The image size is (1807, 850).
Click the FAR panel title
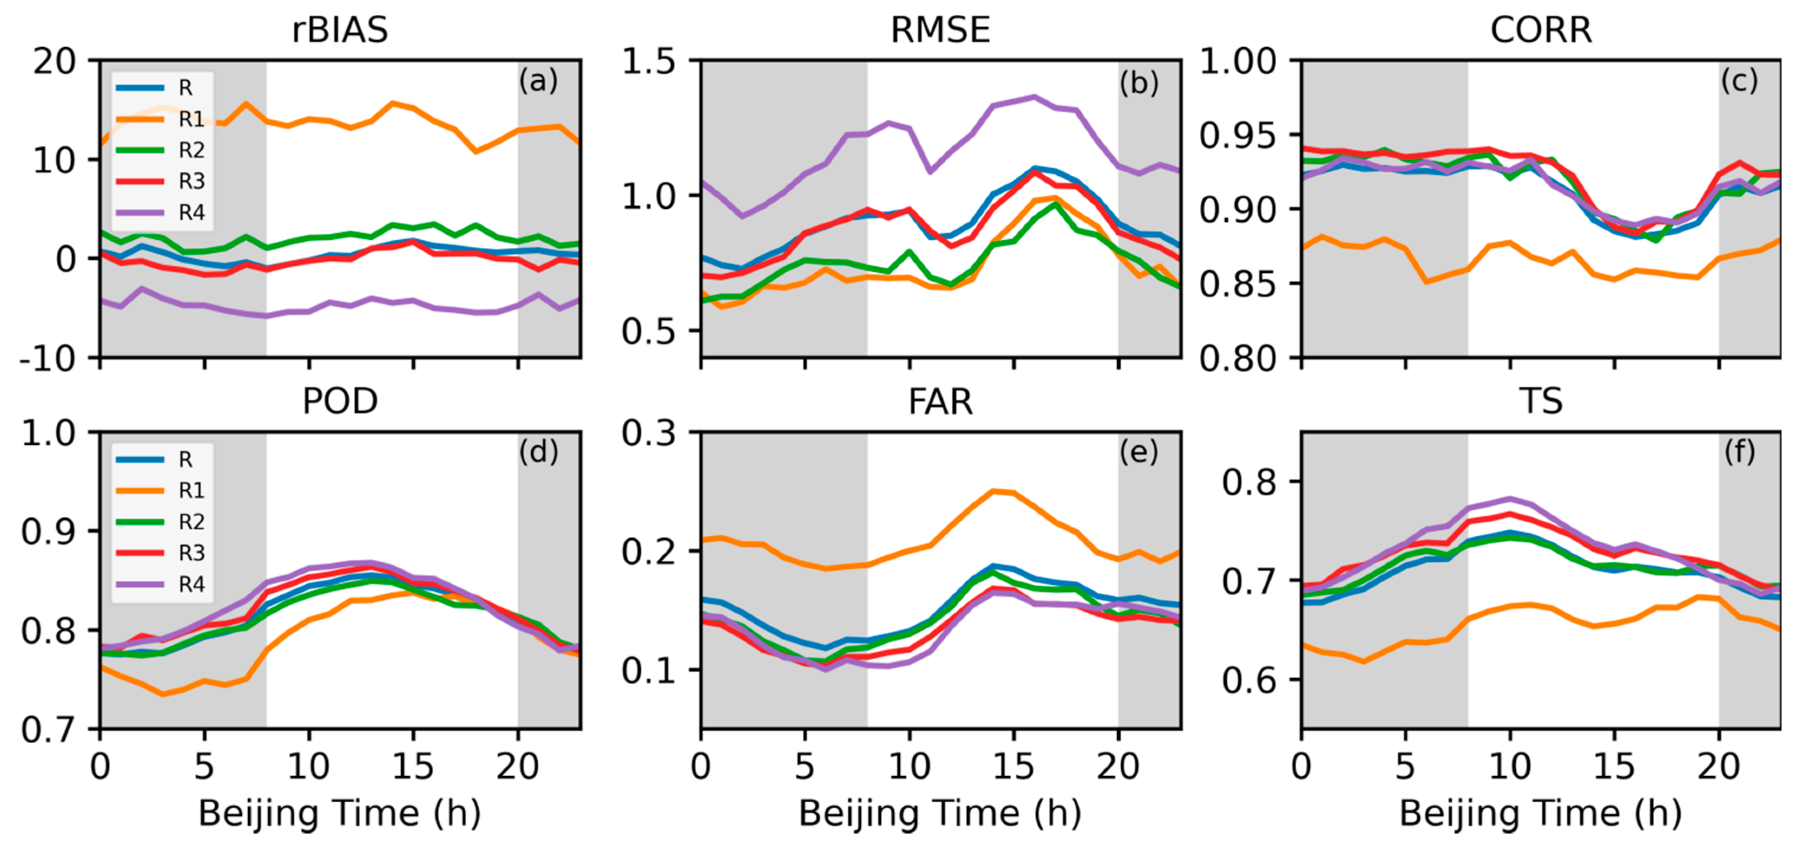tap(940, 402)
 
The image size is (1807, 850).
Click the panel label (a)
tap(538, 81)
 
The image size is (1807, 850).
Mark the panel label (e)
tap(1139, 453)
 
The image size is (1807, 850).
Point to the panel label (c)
tap(1739, 81)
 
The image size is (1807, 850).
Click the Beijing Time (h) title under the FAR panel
tap(940, 814)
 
